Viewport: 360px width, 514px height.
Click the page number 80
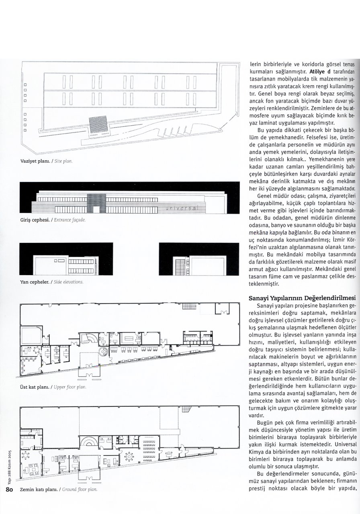[x=10, y=501]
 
